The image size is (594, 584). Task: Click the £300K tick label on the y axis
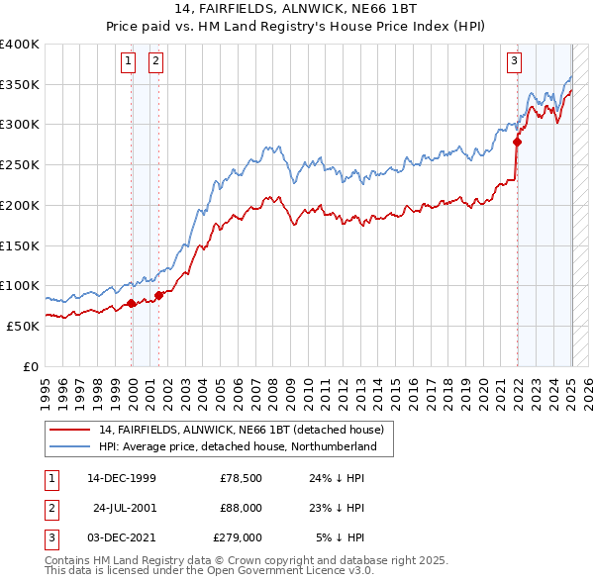20,125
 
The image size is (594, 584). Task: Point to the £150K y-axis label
20,244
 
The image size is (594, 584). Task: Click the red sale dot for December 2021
517,142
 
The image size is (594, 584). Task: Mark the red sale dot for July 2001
159,295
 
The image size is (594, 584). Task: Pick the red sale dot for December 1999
132,303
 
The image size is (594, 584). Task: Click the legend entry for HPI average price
238,447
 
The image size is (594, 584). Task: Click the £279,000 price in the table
238,537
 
